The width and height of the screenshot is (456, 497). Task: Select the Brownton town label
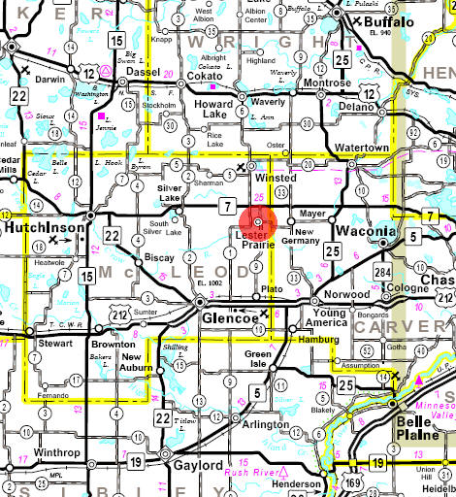point(114,345)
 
